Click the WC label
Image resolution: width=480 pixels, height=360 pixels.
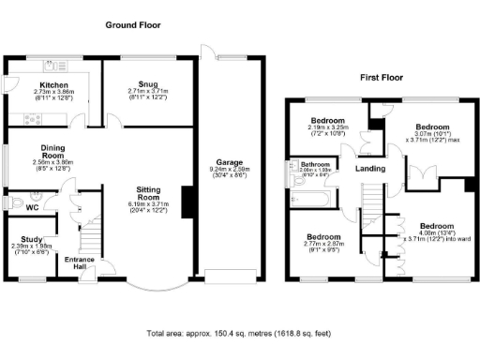click(32, 207)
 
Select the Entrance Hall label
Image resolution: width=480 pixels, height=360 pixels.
click(74, 264)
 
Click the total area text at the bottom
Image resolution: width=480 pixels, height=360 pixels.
click(239, 334)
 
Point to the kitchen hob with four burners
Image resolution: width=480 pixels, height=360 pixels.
click(31, 118)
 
